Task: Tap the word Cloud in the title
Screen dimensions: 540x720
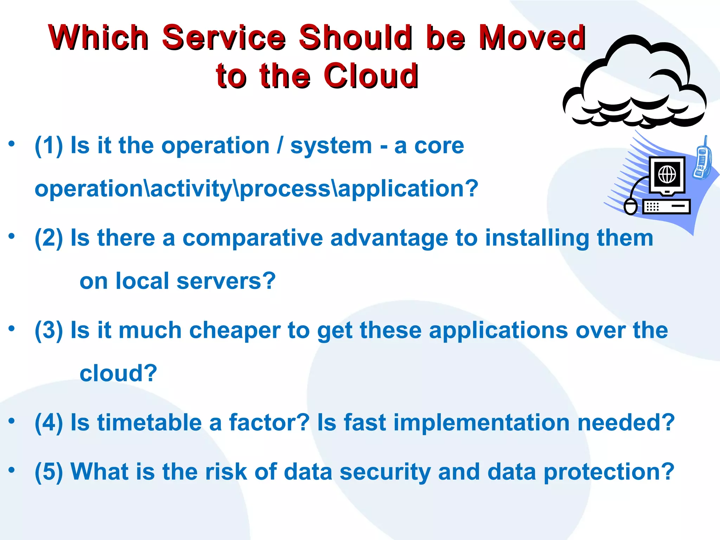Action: point(371,76)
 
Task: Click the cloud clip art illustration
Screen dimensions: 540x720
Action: point(635,84)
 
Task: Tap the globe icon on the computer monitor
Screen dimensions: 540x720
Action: point(667,174)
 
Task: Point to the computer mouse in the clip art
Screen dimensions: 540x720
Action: point(630,206)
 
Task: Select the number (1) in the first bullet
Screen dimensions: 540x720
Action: point(49,146)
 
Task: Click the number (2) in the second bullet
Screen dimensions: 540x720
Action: point(49,238)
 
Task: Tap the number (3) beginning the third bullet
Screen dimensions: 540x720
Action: point(49,330)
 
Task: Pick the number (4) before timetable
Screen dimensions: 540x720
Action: point(49,422)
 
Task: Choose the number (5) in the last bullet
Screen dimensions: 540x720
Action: point(49,471)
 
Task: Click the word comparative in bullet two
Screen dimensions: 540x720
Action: point(252,238)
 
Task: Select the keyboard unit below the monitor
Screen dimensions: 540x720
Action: point(667,206)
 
